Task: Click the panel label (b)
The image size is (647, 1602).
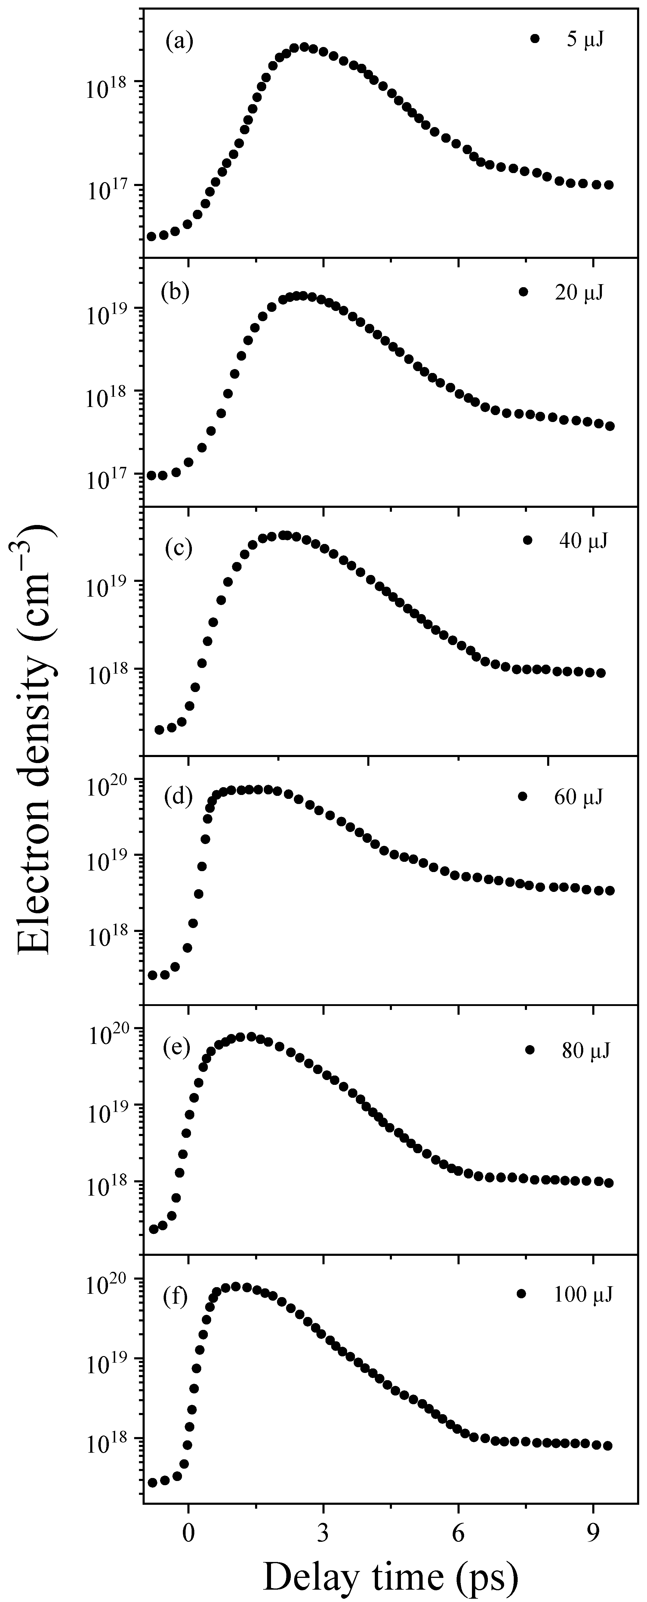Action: [175, 292]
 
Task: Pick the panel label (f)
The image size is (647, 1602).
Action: [175, 1299]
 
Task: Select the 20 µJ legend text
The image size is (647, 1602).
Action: [578, 292]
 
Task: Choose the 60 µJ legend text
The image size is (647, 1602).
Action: [578, 797]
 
